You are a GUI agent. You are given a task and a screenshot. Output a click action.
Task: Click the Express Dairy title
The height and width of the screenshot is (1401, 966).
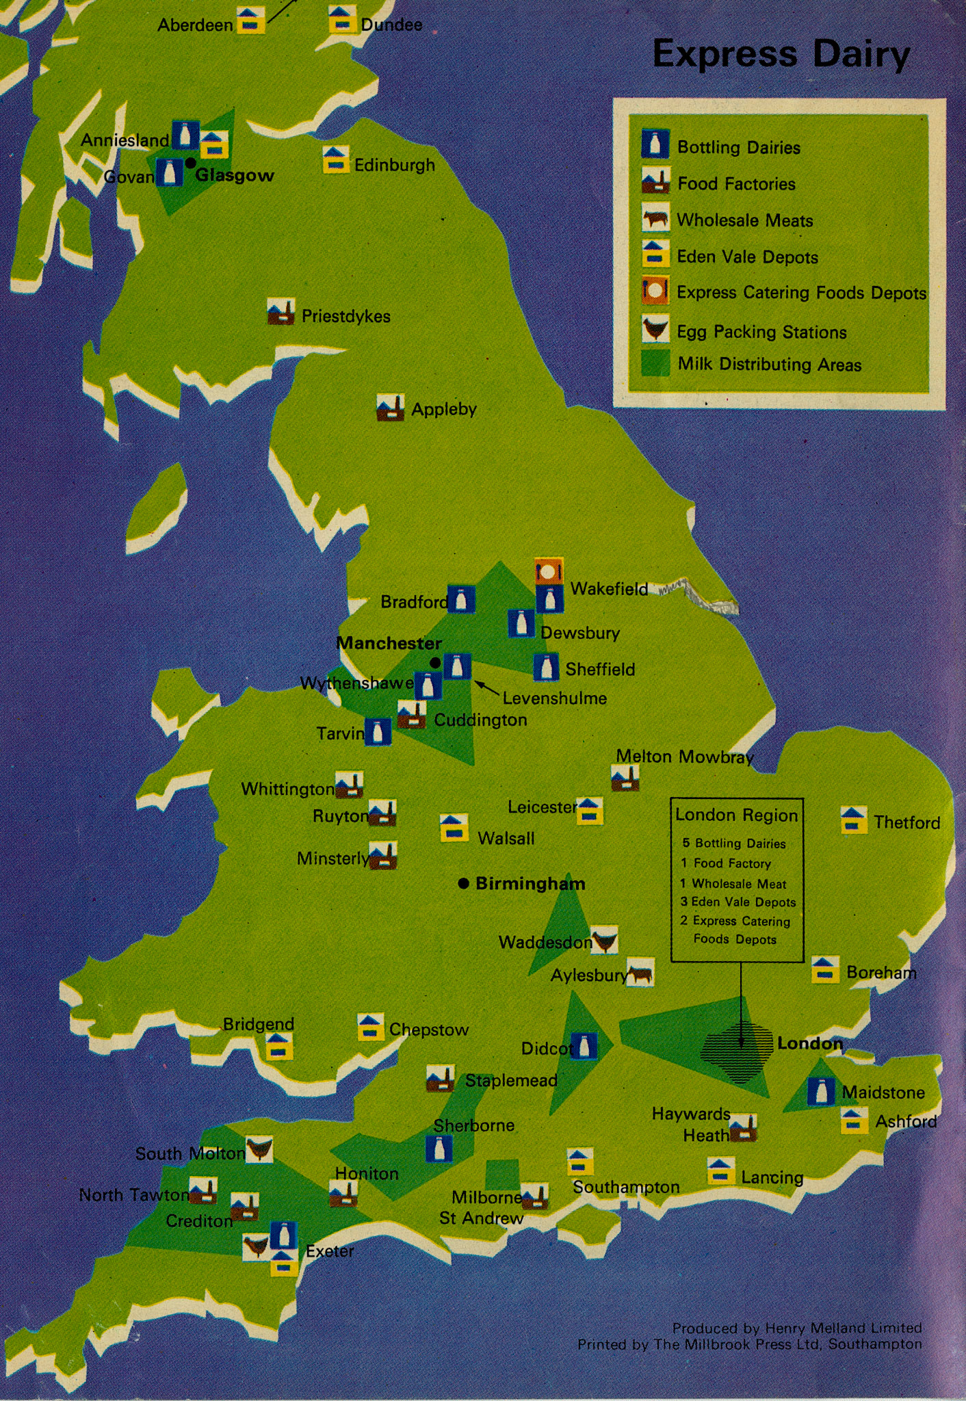click(781, 55)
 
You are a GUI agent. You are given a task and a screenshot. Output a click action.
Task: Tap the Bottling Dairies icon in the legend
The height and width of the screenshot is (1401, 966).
click(655, 144)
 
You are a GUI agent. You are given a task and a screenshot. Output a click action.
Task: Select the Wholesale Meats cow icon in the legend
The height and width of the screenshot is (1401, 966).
click(655, 219)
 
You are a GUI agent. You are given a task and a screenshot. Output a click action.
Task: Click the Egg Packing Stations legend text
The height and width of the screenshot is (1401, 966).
click(761, 332)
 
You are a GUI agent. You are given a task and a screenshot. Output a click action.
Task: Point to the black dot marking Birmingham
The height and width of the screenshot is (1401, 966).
click(463, 883)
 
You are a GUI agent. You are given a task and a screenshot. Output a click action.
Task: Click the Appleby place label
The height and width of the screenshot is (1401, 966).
click(443, 409)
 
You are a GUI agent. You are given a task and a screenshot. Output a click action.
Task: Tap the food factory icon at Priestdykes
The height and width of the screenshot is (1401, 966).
click(280, 312)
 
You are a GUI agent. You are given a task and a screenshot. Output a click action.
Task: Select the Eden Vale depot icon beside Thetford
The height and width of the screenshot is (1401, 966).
click(853, 820)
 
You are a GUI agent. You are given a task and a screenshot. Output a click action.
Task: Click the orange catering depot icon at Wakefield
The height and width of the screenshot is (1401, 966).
click(549, 571)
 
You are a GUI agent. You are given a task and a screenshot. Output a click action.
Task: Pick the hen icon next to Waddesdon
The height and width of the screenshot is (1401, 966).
click(604, 940)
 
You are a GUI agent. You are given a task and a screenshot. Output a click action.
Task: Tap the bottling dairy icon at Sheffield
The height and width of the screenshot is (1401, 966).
click(546, 667)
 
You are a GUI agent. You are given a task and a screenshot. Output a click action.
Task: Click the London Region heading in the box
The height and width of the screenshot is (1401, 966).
click(736, 815)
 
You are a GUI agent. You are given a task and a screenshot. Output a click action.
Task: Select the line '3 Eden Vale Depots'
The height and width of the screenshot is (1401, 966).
click(737, 902)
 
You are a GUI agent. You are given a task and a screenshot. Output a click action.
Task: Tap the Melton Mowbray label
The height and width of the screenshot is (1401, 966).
click(684, 757)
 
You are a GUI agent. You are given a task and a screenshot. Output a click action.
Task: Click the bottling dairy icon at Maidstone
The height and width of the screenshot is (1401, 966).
click(820, 1092)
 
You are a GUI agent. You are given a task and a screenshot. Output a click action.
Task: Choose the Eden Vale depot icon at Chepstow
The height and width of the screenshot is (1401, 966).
click(370, 1027)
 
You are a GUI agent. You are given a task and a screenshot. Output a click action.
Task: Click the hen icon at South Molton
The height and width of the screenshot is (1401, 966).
click(259, 1149)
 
